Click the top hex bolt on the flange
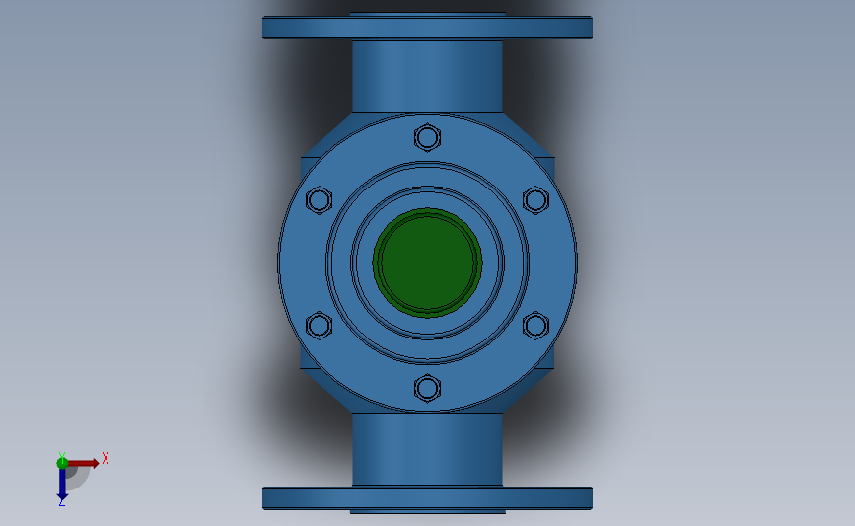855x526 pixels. click(427, 136)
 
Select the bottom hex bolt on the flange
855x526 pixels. click(427, 388)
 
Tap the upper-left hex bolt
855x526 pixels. click(319, 200)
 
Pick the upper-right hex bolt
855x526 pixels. click(535, 200)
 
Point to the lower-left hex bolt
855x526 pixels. click(319, 325)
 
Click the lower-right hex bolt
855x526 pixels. click(535, 325)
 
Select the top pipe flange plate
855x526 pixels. click(427, 28)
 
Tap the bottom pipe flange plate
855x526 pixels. click(427, 497)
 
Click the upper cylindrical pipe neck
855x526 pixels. click(427, 75)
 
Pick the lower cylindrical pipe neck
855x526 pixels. click(427, 449)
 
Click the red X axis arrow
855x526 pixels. click(84, 462)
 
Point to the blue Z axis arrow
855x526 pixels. click(62, 483)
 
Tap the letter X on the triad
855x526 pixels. click(105, 458)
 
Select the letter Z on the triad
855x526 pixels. click(61, 502)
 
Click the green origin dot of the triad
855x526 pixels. click(62, 462)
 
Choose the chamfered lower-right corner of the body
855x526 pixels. click(534, 380)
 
